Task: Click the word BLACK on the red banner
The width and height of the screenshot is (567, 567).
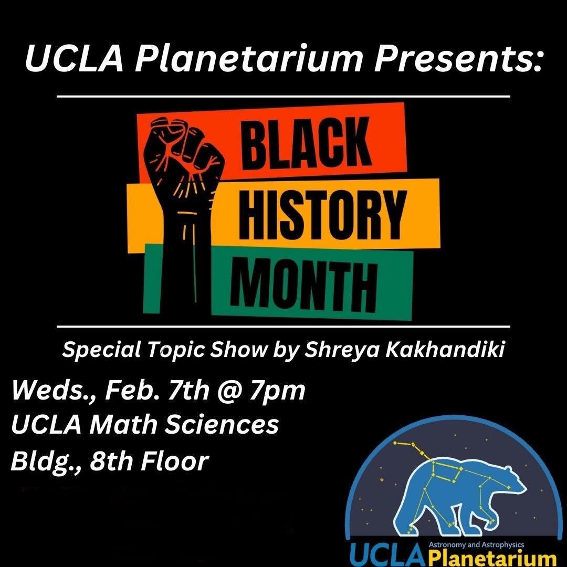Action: [x=306, y=144]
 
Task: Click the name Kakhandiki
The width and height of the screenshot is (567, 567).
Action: [x=445, y=350]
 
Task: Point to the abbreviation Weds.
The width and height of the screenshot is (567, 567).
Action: [x=53, y=391]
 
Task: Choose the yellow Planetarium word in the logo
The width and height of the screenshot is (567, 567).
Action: [x=492, y=558]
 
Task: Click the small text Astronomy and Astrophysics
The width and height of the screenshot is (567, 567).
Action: [x=476, y=544]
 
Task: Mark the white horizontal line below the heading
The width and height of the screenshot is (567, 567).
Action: [x=283, y=97]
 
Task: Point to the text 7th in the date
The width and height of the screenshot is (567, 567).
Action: [x=188, y=391]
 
